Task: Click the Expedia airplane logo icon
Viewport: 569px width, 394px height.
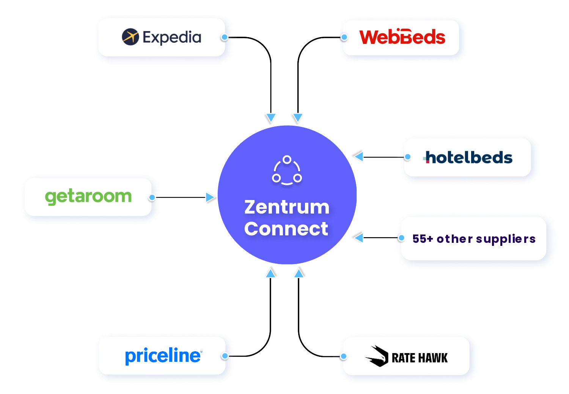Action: click(x=130, y=37)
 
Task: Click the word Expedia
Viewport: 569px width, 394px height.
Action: click(x=172, y=37)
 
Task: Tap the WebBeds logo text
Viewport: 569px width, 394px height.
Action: click(x=402, y=37)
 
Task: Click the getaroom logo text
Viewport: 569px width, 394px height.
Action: click(x=88, y=196)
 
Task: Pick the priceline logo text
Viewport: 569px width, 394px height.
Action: click(x=163, y=355)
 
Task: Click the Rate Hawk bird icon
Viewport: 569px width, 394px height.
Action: click(x=377, y=356)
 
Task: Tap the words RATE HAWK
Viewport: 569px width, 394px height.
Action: click(x=420, y=358)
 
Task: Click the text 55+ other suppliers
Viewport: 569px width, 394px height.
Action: click(x=474, y=239)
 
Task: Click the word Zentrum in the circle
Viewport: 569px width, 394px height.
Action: click(x=287, y=207)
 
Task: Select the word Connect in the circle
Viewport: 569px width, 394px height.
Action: click(x=286, y=228)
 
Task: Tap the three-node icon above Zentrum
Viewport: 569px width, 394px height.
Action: click(x=287, y=170)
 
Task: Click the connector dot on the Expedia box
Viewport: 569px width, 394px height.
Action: click(x=225, y=37)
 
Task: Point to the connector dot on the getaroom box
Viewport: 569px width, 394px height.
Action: click(x=152, y=197)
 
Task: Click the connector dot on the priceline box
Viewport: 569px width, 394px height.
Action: click(x=225, y=356)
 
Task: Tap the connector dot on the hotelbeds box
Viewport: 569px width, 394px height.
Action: click(x=408, y=157)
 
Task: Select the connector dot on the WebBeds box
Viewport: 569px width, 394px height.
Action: click(x=344, y=37)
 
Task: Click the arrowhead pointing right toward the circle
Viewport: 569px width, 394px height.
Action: click(x=210, y=197)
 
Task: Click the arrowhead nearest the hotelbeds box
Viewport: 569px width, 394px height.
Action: click(x=359, y=156)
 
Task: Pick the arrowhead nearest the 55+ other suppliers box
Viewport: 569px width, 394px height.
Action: click(x=359, y=238)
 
